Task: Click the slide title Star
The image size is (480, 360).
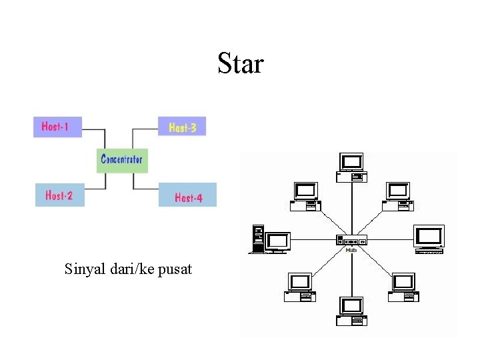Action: [x=241, y=64]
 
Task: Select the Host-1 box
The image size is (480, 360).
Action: [x=57, y=126]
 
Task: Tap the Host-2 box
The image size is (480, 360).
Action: [x=59, y=195]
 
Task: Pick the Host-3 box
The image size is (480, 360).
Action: [x=182, y=126]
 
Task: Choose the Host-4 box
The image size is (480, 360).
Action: [x=187, y=197]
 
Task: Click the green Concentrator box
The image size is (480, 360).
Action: [x=121, y=159]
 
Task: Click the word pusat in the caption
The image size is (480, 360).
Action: [x=174, y=269]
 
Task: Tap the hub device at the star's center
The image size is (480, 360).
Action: [x=351, y=240]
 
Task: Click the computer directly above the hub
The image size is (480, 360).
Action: [x=351, y=166]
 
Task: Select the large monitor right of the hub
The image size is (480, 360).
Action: [x=429, y=238]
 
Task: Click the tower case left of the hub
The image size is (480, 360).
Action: [x=258, y=239]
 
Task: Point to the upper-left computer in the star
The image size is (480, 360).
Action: [x=304, y=195]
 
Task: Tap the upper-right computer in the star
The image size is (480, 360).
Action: [x=399, y=195]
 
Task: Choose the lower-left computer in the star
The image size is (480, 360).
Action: [x=299, y=287]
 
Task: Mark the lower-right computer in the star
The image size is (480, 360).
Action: [x=404, y=287]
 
